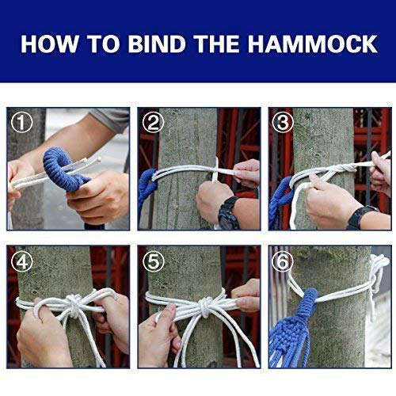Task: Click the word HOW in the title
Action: click(48, 43)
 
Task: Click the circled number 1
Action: click(21, 124)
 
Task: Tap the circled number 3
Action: click(283, 124)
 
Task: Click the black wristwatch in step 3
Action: click(361, 216)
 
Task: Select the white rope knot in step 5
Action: click(204, 304)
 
